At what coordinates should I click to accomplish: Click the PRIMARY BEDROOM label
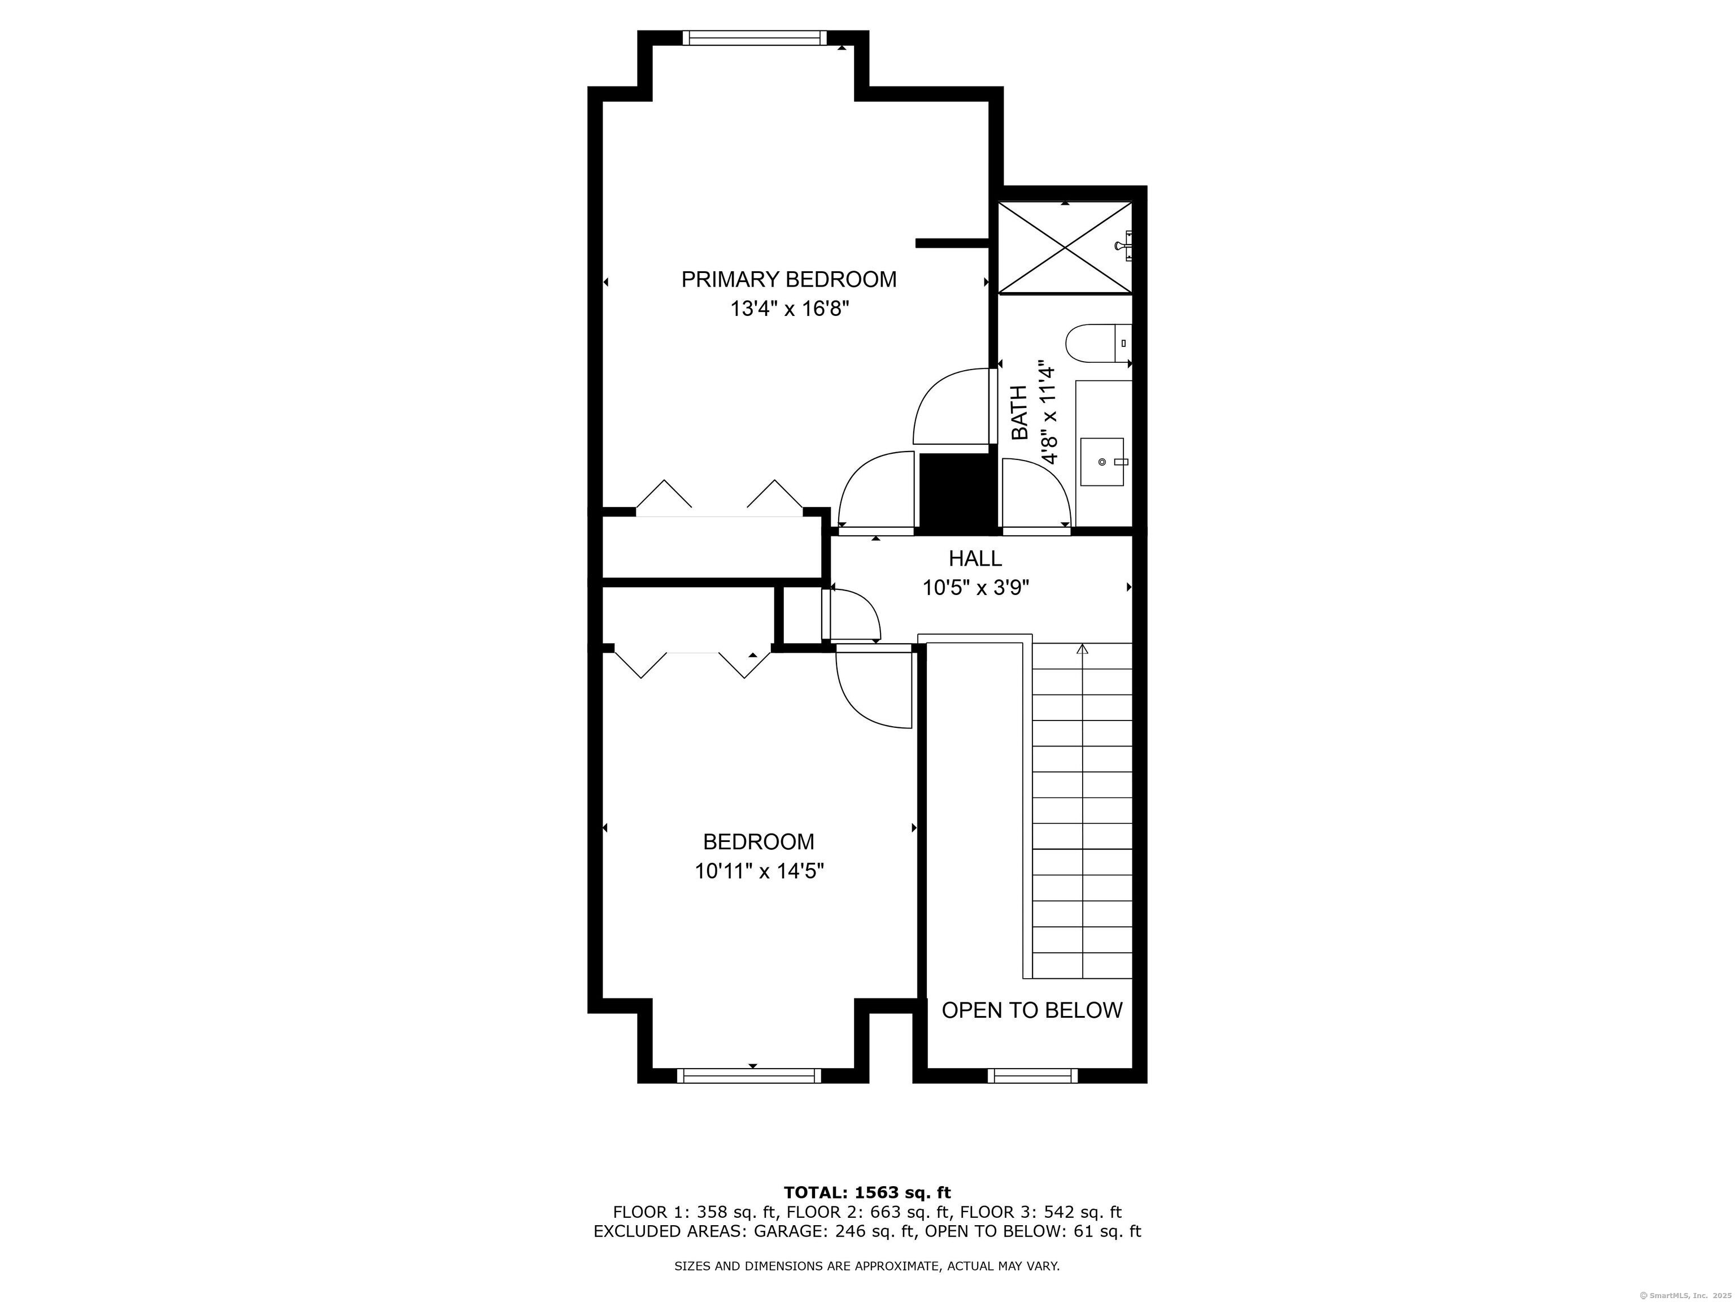pos(788,279)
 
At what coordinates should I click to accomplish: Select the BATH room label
pos(1019,413)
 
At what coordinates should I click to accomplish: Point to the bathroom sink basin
pos(1102,462)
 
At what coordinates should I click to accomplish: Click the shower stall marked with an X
pos(1065,248)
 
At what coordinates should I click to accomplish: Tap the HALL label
pos(975,558)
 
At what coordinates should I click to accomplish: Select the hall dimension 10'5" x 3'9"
pos(975,588)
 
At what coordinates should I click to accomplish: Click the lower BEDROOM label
pos(758,842)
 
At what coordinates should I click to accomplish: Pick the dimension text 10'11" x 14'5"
pos(758,871)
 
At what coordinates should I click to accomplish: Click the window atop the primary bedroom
pos(754,38)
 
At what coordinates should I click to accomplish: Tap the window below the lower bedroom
pos(749,1076)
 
